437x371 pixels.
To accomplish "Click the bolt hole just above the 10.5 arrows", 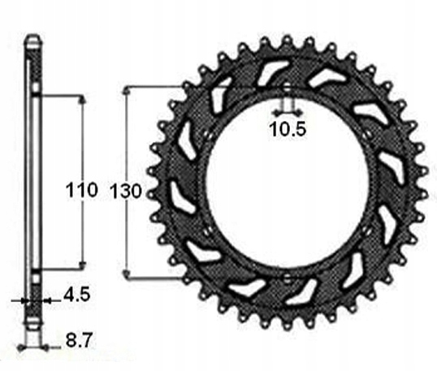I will pos(286,87).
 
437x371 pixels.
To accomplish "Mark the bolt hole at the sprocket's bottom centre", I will pos(286,278).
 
